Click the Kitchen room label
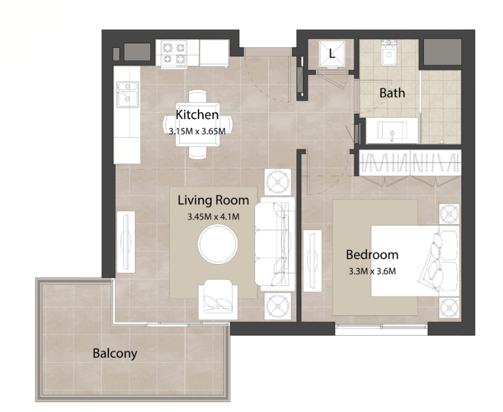coord(197,115)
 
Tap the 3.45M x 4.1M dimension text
coord(213,217)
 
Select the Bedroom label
coord(372,255)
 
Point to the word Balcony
coord(115,353)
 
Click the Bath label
coord(392,93)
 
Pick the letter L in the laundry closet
coord(332,53)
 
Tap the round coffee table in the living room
coord(218,244)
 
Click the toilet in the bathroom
coord(389,53)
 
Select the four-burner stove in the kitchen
coord(174,54)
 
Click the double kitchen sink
coord(127,94)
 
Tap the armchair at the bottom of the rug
coord(218,300)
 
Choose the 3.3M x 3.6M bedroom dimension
coord(372,271)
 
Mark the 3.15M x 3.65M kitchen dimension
coord(197,131)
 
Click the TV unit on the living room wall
coord(126,242)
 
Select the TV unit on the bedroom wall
coord(312,261)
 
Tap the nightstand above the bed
coord(449,214)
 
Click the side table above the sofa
coord(278,182)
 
